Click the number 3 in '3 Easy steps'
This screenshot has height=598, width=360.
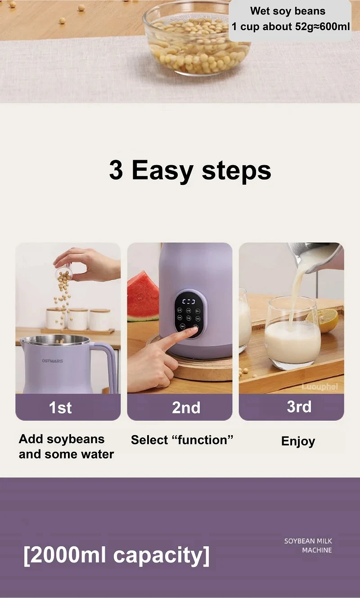point(116,170)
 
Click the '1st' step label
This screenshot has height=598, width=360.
point(60,408)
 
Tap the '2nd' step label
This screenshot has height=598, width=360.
point(186,408)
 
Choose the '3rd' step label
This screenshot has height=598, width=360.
point(299,407)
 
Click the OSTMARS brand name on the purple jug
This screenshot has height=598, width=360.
point(52,361)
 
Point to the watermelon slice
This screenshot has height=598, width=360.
point(143,297)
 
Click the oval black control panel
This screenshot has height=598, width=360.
point(189,314)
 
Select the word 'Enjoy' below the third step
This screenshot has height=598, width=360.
point(298,441)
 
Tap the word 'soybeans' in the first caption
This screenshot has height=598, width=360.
point(76,439)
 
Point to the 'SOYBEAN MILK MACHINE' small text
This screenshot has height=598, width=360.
point(308,545)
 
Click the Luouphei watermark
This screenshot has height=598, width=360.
point(319,387)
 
